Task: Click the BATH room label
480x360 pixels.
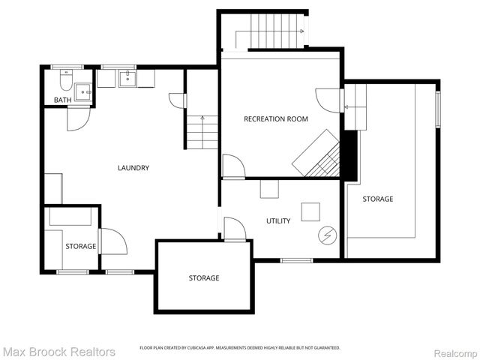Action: [62, 100]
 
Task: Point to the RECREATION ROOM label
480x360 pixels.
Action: [275, 118]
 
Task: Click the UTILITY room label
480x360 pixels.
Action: [278, 220]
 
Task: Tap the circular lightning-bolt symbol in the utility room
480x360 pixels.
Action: [327, 235]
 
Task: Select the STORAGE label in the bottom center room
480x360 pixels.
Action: [203, 278]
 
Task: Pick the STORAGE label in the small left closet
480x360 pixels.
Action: [80, 246]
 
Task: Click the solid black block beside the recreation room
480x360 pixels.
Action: [349, 154]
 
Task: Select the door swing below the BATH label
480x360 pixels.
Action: [78, 119]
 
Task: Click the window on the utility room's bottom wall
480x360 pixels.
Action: [296, 260]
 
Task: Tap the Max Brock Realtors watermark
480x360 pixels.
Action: [58, 351]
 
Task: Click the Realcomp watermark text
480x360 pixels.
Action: [452, 352]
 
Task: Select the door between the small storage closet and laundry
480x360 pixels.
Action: [111, 241]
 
